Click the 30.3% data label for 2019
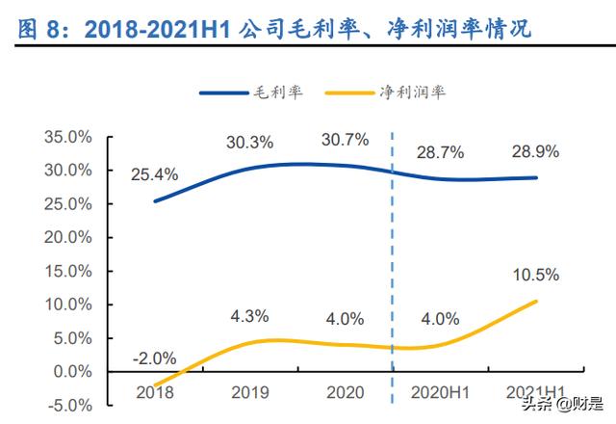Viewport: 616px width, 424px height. click(x=249, y=143)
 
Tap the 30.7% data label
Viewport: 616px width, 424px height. click(x=346, y=140)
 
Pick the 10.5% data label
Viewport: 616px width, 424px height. click(x=536, y=277)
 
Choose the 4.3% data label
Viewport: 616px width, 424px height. click(x=249, y=315)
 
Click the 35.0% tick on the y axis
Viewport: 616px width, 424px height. click(x=67, y=137)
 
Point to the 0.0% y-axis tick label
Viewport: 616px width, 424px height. click(x=71, y=371)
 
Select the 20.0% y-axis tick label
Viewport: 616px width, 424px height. click(x=67, y=237)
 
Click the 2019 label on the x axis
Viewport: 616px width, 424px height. click(x=249, y=392)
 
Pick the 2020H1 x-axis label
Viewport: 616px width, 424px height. click(x=439, y=392)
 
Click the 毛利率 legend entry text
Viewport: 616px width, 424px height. click(x=278, y=93)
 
